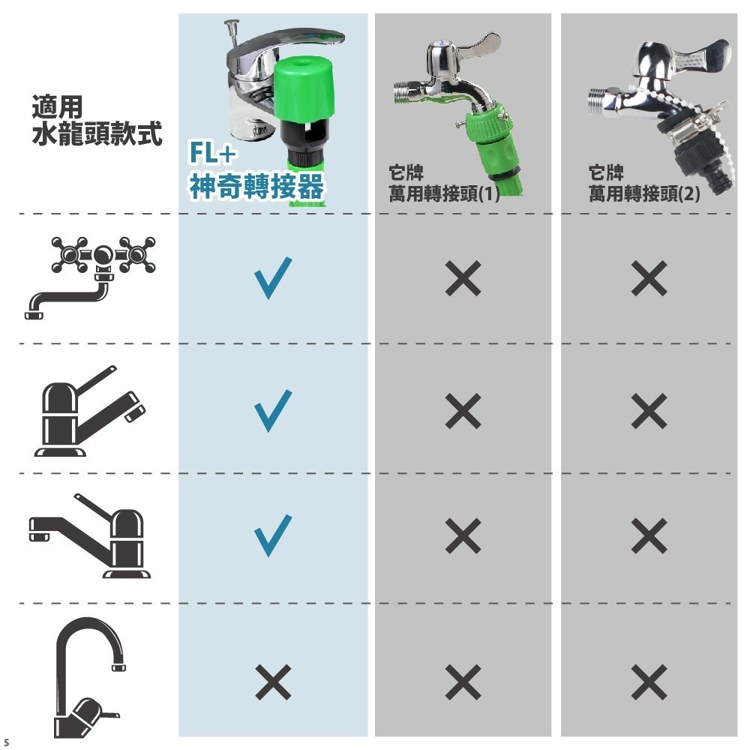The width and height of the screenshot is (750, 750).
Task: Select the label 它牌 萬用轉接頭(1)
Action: point(444,184)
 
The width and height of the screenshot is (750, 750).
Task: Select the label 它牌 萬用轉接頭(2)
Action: point(644,184)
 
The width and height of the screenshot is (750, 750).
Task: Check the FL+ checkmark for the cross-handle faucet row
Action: point(271,277)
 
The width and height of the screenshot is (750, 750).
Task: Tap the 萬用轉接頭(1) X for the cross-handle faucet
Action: point(463,279)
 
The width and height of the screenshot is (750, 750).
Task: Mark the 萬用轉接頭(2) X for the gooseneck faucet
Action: point(649,682)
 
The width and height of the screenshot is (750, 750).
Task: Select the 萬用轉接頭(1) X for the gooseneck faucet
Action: point(463,682)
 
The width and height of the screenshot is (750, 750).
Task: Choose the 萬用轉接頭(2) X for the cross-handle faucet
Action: point(649,279)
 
